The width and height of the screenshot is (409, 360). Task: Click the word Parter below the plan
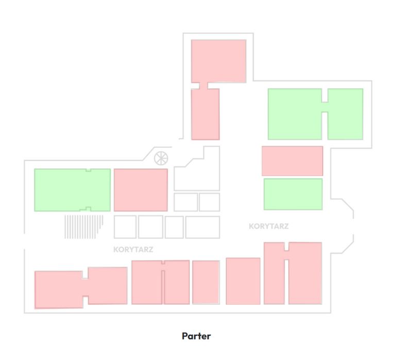[x=196, y=336]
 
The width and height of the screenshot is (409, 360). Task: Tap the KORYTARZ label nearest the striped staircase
[x=133, y=250]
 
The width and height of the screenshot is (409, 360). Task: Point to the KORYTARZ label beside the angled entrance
[x=269, y=226]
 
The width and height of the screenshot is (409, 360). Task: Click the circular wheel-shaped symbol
[x=161, y=158]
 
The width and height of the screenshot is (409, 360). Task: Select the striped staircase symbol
[x=84, y=227]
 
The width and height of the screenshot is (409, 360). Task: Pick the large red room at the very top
[x=218, y=61]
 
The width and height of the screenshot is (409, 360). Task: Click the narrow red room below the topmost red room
[x=206, y=114]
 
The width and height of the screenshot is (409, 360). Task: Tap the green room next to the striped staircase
[x=73, y=190]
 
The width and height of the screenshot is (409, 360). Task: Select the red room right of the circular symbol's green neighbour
[x=141, y=190]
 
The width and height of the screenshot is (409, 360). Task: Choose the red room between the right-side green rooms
[x=293, y=161]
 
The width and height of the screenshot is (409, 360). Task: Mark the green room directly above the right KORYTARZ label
[x=293, y=194]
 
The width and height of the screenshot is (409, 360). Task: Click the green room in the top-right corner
[x=345, y=114]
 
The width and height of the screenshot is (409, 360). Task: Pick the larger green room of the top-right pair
[x=295, y=114]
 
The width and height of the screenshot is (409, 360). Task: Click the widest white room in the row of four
[x=202, y=227]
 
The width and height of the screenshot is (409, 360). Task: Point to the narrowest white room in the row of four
[x=174, y=227]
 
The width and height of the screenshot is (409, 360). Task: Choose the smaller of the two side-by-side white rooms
[x=210, y=202]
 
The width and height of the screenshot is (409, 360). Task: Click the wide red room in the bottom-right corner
[x=305, y=273]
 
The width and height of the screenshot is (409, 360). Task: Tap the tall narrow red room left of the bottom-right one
[x=274, y=273]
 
